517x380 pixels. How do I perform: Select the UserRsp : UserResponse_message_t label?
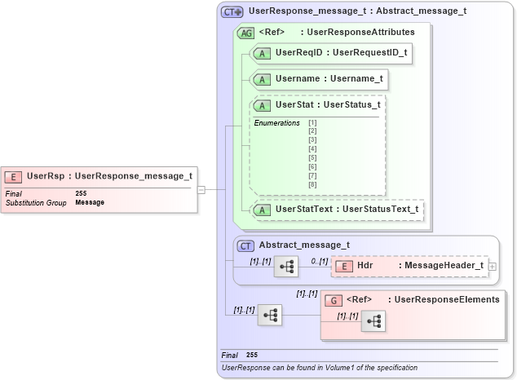pyautogui.click(x=109, y=175)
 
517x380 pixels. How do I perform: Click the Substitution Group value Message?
pyautogui.click(x=89, y=202)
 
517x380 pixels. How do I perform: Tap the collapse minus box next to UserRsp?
pyautogui.click(x=201, y=189)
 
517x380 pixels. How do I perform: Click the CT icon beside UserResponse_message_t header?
pyautogui.click(x=233, y=12)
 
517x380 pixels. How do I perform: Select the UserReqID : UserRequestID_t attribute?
pyautogui.click(x=341, y=53)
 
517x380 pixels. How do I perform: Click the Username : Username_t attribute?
pyautogui.click(x=329, y=79)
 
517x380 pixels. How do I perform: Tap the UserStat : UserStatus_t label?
pyautogui.click(x=328, y=105)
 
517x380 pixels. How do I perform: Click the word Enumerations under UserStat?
pyautogui.click(x=276, y=123)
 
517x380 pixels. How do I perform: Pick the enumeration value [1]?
pyautogui.click(x=312, y=123)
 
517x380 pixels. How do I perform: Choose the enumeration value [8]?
pyautogui.click(x=312, y=185)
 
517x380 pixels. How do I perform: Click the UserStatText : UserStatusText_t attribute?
pyautogui.click(x=347, y=210)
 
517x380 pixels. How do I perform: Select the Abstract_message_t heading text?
pyautogui.click(x=304, y=245)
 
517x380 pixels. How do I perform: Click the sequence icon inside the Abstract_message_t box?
pyautogui.click(x=285, y=266)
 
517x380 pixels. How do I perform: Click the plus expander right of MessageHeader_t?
pyautogui.click(x=493, y=266)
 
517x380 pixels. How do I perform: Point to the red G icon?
pyautogui.click(x=332, y=300)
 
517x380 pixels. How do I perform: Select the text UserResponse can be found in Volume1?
pyautogui.click(x=320, y=368)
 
